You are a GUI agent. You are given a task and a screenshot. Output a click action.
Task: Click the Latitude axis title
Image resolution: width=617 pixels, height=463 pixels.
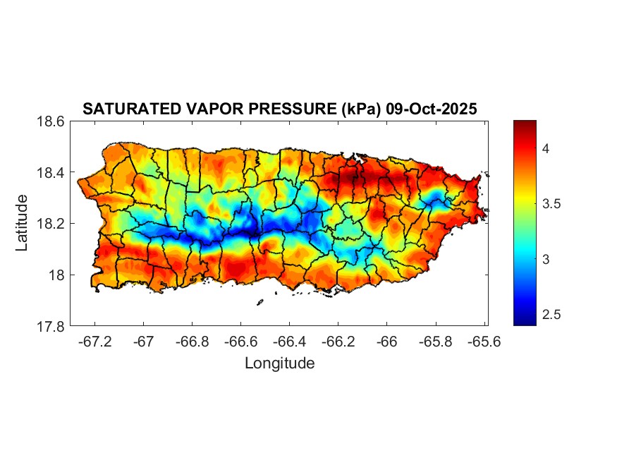(x=22, y=223)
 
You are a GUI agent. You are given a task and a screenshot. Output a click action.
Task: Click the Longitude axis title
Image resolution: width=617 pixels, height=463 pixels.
(x=279, y=363)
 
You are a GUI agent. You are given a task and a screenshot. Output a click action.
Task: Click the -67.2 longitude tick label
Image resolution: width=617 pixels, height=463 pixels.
(x=95, y=341)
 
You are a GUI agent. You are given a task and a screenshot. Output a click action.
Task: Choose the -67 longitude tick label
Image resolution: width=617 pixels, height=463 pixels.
(x=144, y=341)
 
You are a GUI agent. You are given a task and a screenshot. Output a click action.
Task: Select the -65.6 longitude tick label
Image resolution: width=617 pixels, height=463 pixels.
(x=483, y=341)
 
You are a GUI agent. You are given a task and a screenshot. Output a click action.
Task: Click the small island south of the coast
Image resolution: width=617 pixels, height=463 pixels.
(x=259, y=303)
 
